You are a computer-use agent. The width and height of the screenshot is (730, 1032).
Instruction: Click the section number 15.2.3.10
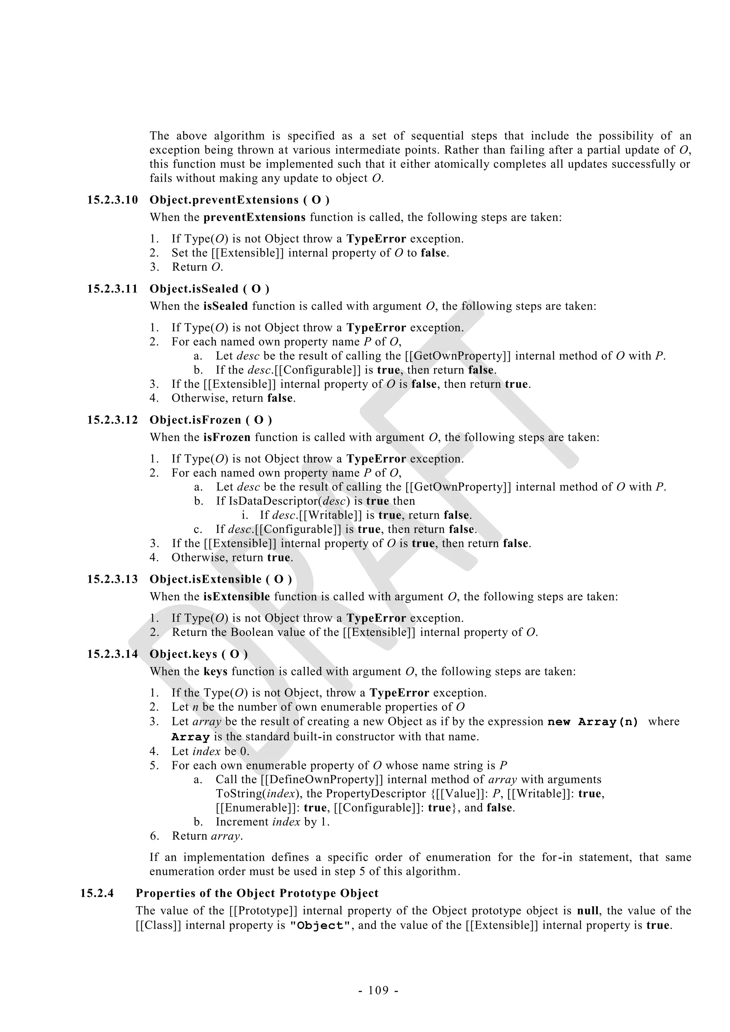click(x=112, y=200)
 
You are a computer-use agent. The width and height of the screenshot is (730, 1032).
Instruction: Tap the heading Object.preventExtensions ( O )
click(x=239, y=200)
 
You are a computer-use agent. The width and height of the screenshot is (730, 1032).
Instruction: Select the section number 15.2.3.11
click(x=112, y=289)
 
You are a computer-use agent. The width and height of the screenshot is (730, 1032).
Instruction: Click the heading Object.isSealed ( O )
click(x=210, y=289)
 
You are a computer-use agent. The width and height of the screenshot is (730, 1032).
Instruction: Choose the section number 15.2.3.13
click(x=112, y=579)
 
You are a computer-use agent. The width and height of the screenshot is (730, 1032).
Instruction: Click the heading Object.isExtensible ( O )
click(x=220, y=579)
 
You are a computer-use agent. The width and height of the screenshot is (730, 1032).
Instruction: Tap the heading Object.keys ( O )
click(x=198, y=654)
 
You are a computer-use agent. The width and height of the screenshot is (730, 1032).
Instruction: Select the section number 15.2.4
click(x=97, y=893)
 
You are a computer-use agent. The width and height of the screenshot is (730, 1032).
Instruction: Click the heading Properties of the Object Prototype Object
click(x=257, y=893)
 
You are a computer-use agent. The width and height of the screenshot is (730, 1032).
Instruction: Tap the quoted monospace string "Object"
click(x=319, y=926)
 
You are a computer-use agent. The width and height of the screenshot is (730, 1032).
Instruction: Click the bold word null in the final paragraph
click(x=587, y=911)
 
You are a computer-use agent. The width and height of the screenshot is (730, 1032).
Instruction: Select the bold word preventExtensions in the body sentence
click(x=255, y=218)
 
